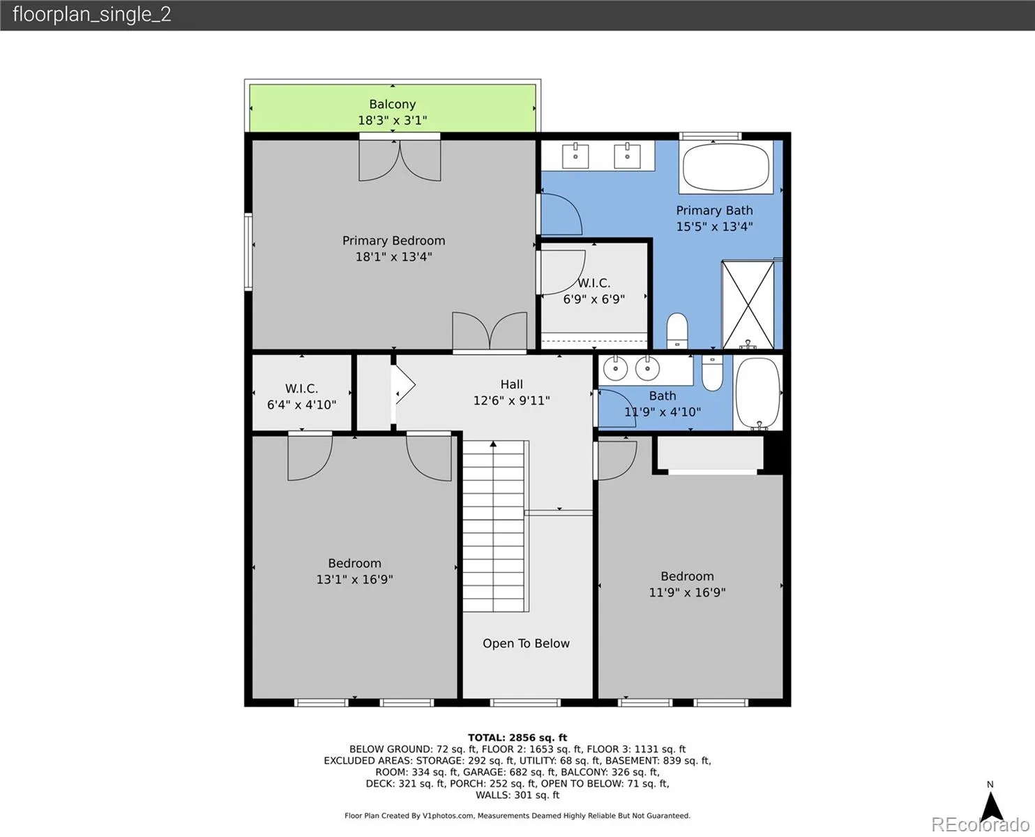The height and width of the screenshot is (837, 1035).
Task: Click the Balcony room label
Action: [x=392, y=104]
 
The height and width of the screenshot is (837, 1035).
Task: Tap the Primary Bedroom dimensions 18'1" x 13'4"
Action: [x=393, y=257]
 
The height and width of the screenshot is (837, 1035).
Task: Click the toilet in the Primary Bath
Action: [x=677, y=331]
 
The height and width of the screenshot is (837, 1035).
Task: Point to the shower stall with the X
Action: [x=748, y=305]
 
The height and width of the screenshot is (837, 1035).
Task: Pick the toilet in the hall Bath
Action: [x=712, y=372]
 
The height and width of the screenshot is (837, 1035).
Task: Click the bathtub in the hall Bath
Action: [x=757, y=393]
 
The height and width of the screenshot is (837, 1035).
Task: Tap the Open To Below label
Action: [x=526, y=643]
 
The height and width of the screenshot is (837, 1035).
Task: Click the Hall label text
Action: [x=512, y=384]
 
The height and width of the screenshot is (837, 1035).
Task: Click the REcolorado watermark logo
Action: [x=980, y=824]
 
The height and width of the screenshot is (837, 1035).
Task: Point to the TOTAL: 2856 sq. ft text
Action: [x=517, y=737]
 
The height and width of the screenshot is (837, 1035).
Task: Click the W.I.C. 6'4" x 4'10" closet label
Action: [x=301, y=396]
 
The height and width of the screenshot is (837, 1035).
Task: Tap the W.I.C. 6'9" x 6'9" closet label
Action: [x=594, y=291]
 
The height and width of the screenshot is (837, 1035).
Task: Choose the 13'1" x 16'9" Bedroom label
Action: [x=354, y=571]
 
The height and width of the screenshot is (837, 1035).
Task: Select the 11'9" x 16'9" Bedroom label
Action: [x=687, y=585]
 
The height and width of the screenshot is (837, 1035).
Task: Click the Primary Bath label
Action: [x=714, y=211]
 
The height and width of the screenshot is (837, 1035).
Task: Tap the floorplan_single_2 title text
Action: [x=92, y=15]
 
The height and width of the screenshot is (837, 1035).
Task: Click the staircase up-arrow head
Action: [x=493, y=444]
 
